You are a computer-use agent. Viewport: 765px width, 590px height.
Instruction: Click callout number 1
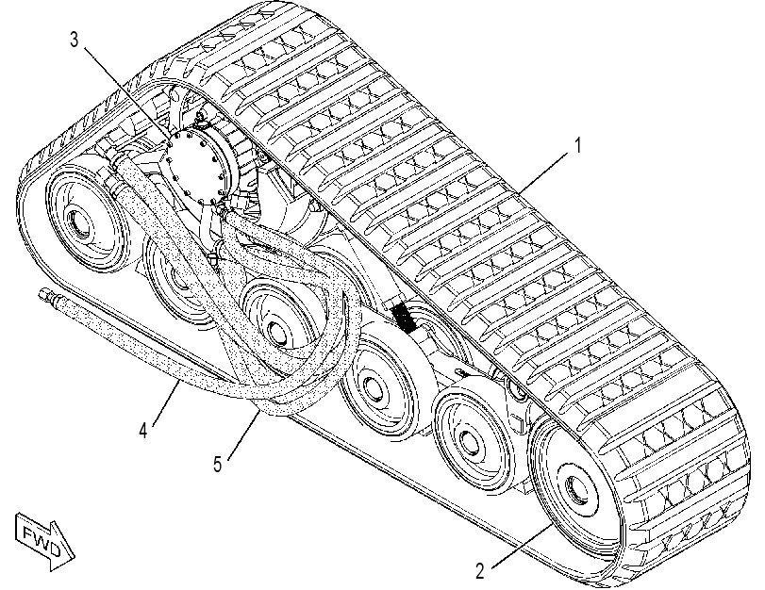tap(578, 146)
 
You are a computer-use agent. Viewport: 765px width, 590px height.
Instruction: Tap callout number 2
tap(480, 571)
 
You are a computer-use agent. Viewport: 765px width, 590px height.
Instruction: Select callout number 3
tap(74, 40)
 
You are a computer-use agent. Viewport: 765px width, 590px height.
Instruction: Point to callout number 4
tap(143, 431)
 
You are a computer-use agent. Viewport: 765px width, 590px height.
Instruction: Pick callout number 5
tap(218, 464)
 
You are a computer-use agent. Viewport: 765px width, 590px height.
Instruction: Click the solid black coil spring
tap(404, 318)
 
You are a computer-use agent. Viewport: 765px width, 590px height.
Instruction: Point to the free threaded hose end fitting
tap(46, 294)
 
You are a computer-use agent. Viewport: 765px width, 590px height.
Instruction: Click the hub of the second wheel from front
tap(472, 445)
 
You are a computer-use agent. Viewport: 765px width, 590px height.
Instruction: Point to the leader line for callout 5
tap(242, 434)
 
